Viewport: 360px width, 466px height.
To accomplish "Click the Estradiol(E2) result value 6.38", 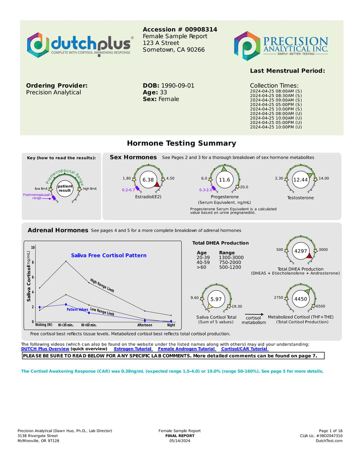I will [148, 180].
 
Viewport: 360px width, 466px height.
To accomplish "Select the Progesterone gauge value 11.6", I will [224, 180].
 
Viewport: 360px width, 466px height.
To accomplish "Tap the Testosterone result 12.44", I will [300, 180].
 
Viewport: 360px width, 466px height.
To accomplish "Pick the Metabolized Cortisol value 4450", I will [300, 299].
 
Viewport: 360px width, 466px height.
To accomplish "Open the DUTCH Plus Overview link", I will [45, 349].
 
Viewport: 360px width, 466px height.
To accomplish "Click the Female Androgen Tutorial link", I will [187, 349].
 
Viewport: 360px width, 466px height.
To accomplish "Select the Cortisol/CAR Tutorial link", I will [245, 349].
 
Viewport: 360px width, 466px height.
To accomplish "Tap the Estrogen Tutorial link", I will [133, 349].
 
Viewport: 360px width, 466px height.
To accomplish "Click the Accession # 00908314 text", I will [180, 29].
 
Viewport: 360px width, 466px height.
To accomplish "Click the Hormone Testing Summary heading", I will [181, 143].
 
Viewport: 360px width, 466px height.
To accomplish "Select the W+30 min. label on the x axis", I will [66, 325].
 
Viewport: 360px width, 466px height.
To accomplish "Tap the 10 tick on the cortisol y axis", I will [33, 248].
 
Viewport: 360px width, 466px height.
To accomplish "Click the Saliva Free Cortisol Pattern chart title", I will [108, 255].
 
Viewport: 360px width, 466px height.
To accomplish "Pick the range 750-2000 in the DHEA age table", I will [230, 262].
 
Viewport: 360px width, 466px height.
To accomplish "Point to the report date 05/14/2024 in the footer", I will [180, 441].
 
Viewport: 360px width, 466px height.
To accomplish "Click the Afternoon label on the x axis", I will [144, 325].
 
